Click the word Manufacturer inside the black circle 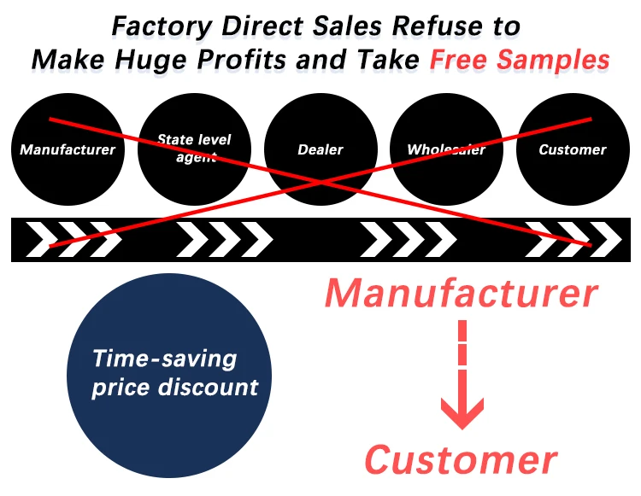point(68,150)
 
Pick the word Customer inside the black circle point(573,150)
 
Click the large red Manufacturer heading point(461,294)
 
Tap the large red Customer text point(461,460)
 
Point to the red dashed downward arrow point(462,376)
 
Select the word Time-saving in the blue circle point(165,358)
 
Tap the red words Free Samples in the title point(520,59)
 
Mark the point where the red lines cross point(320,182)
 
